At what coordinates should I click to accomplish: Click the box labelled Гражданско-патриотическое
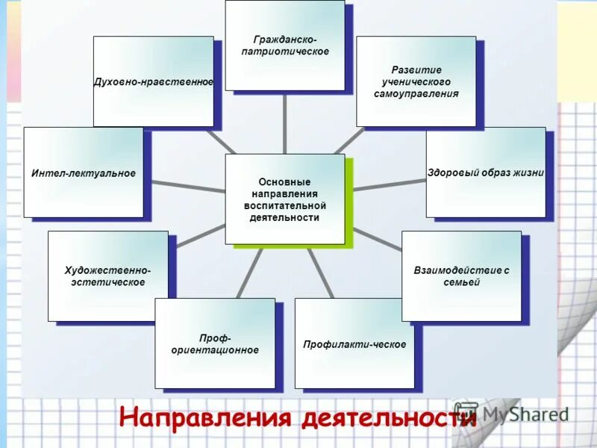(x=284, y=46)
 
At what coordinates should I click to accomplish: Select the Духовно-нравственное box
(x=153, y=81)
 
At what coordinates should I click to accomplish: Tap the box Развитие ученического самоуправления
(x=416, y=81)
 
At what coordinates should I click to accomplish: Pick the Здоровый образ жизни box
(x=485, y=172)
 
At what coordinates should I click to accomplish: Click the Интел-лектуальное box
(x=83, y=172)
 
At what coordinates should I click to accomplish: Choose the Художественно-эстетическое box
(x=107, y=276)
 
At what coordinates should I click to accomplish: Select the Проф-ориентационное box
(x=215, y=343)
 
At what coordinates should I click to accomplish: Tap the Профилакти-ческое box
(x=354, y=343)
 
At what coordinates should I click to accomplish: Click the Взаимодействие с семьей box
(x=461, y=276)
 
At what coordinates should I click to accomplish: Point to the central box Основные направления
(x=284, y=199)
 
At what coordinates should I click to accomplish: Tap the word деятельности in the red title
(x=388, y=417)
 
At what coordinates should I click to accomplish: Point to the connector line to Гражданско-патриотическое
(x=284, y=122)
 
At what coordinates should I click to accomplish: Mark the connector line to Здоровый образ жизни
(x=388, y=184)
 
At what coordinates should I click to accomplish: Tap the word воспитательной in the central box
(x=284, y=205)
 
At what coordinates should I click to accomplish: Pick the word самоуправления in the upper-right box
(x=416, y=94)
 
